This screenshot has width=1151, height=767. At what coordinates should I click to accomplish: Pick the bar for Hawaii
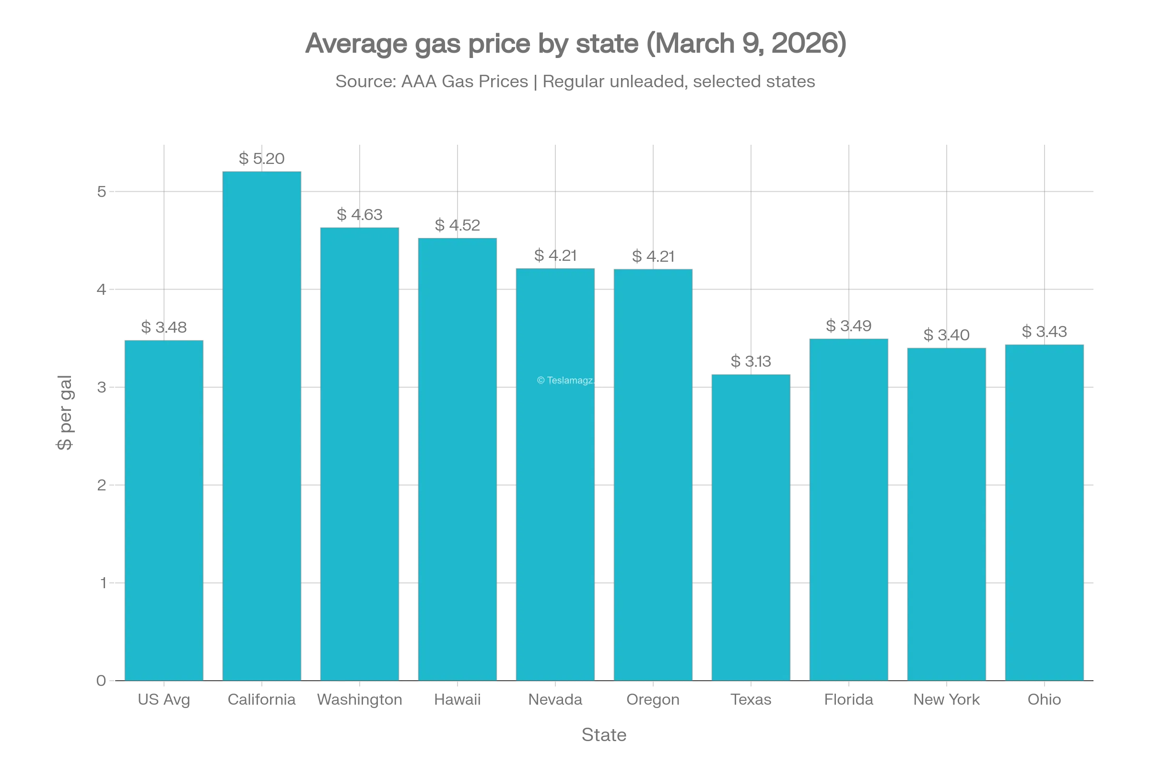click(458, 460)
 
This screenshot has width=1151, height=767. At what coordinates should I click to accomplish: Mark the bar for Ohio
click(1045, 511)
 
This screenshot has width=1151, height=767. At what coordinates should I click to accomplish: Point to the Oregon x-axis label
click(652, 699)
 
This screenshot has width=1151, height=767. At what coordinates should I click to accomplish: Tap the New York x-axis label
click(947, 699)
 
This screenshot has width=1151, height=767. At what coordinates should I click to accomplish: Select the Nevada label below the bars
click(554, 699)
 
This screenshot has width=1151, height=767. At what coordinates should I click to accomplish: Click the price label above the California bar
click(262, 158)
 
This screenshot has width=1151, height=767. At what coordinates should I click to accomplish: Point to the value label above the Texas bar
click(750, 361)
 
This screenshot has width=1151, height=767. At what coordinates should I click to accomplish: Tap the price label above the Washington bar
click(359, 215)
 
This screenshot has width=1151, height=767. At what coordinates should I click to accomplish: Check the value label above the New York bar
click(945, 335)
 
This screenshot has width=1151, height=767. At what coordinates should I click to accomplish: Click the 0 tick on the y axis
click(101, 680)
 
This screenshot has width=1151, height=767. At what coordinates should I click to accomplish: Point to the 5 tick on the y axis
click(101, 192)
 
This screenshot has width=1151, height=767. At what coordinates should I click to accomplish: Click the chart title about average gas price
click(575, 45)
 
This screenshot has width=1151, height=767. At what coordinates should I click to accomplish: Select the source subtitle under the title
click(575, 81)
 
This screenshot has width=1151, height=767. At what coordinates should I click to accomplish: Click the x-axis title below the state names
click(603, 735)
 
